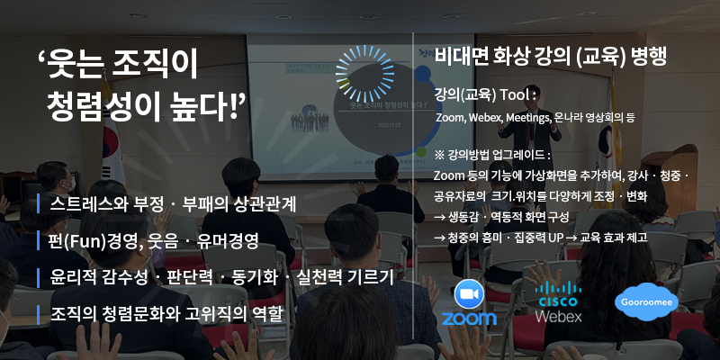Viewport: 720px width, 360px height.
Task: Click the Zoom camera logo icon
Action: click(x=469, y=294)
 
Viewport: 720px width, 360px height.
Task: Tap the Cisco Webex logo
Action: click(x=558, y=301)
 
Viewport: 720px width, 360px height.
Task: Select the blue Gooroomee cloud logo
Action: click(x=646, y=302)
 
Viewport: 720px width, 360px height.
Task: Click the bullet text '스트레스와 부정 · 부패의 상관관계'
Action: click(x=174, y=204)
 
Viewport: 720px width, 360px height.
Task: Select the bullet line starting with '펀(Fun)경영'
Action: click(x=154, y=240)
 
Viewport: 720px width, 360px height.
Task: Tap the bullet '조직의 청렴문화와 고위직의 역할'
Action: click(x=166, y=314)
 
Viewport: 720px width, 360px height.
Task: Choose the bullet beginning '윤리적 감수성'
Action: click(x=222, y=277)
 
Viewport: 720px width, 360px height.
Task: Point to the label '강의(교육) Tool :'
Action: click(x=485, y=95)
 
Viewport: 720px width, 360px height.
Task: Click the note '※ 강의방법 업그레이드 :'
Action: click(x=492, y=155)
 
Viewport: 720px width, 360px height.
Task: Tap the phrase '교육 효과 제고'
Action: click(x=613, y=238)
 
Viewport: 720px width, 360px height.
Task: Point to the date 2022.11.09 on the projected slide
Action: click(x=389, y=125)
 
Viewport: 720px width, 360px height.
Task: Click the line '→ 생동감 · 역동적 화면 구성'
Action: click(x=502, y=217)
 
